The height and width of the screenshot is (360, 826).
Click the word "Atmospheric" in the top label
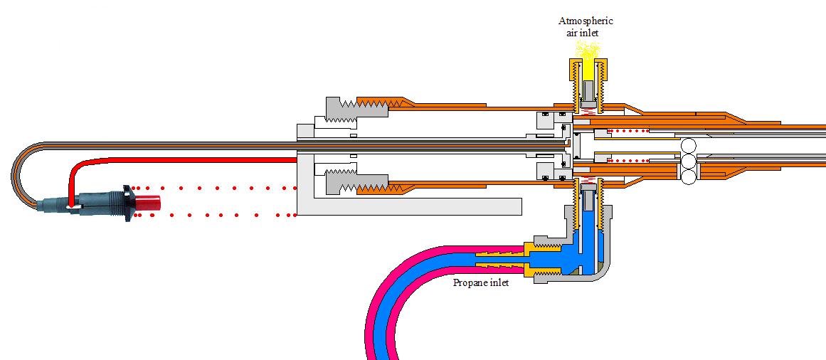point(586,21)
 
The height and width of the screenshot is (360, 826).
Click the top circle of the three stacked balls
point(688,147)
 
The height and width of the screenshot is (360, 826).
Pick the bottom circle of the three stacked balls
point(688,178)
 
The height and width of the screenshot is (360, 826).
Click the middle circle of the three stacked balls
point(688,162)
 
